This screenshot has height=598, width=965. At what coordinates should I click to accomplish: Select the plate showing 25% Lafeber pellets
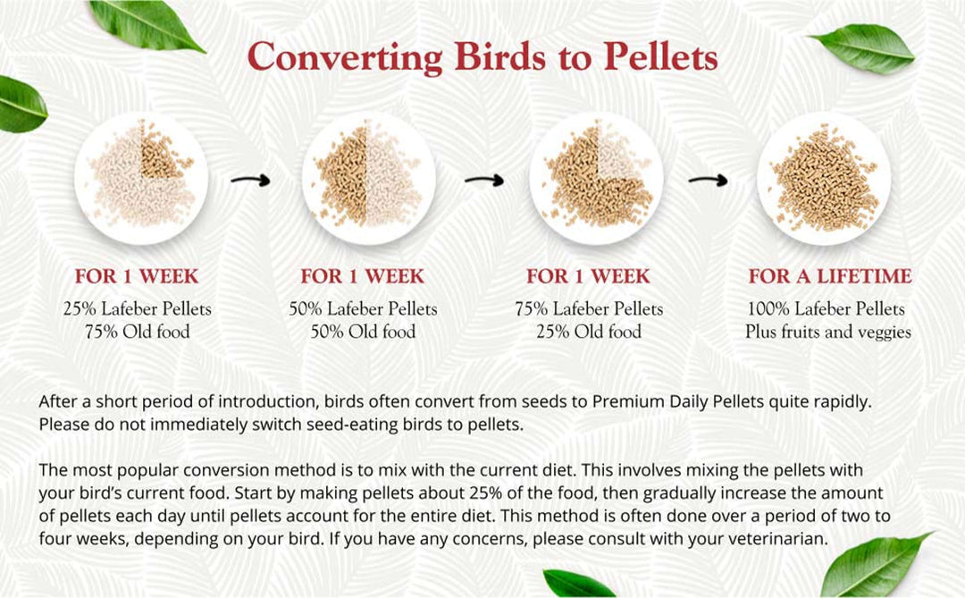pos(141,178)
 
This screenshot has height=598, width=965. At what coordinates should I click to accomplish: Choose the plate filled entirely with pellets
pos(823,178)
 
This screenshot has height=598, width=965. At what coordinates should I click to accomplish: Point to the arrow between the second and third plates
pos(483,181)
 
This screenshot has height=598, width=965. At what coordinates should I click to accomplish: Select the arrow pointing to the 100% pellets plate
pos(708,181)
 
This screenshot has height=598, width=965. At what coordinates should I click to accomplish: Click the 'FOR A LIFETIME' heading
pos(830,276)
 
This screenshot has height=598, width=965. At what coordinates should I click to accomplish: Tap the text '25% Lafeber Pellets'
pos(138,309)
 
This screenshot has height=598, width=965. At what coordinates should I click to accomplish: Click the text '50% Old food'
pos(364,332)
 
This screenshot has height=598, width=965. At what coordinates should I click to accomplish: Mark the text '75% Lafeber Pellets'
pos(589,309)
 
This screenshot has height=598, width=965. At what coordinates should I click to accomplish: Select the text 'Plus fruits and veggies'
pos(828,332)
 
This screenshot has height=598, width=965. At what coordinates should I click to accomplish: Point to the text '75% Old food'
pos(138,332)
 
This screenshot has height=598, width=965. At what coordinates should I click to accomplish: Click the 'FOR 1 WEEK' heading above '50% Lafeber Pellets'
pos(363,276)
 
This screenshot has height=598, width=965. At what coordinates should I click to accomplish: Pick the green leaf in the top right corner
pos(861,46)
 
